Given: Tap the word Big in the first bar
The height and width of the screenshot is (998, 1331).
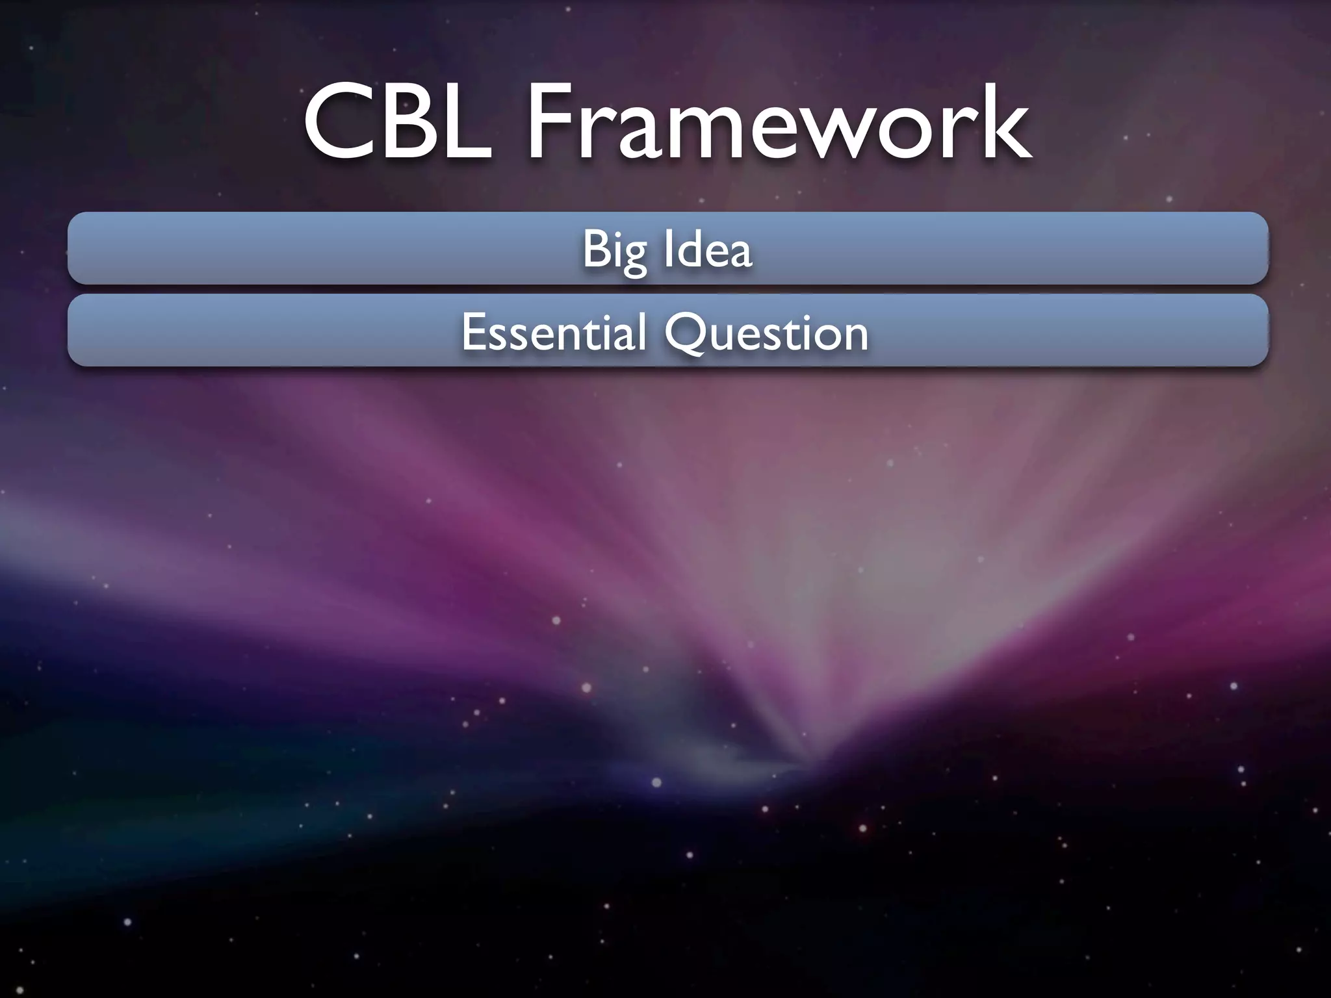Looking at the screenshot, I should click(614, 249).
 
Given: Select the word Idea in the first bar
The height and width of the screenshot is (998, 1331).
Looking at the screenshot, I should click(708, 249).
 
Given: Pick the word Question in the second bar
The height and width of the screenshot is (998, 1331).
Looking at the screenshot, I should click(767, 332).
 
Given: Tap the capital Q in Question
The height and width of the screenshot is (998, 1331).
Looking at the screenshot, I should click(686, 333).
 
